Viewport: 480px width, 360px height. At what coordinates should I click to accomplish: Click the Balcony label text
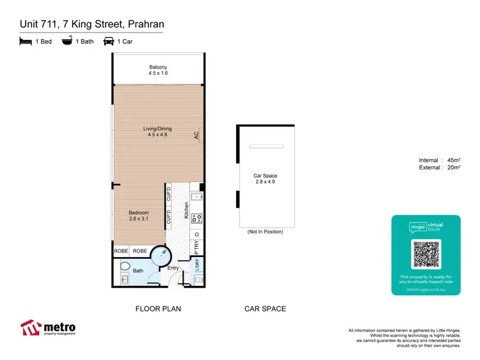click(x=159, y=67)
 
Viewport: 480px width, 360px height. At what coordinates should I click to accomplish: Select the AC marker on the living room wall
click(x=197, y=136)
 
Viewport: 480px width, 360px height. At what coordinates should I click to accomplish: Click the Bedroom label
click(x=139, y=212)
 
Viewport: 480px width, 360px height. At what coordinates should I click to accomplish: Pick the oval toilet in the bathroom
click(x=125, y=265)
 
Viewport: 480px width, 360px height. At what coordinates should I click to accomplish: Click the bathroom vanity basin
click(x=124, y=279)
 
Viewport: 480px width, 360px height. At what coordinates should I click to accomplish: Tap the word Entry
click(x=173, y=268)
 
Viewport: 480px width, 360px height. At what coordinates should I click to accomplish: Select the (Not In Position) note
click(x=265, y=231)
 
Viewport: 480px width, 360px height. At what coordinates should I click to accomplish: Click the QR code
click(x=426, y=254)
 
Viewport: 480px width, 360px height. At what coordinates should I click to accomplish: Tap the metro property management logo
click(x=48, y=328)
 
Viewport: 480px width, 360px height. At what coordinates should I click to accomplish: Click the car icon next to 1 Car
click(x=108, y=42)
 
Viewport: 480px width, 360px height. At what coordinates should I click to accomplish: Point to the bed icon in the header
click(x=25, y=42)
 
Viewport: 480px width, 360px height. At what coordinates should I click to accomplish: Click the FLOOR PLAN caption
click(x=158, y=309)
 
